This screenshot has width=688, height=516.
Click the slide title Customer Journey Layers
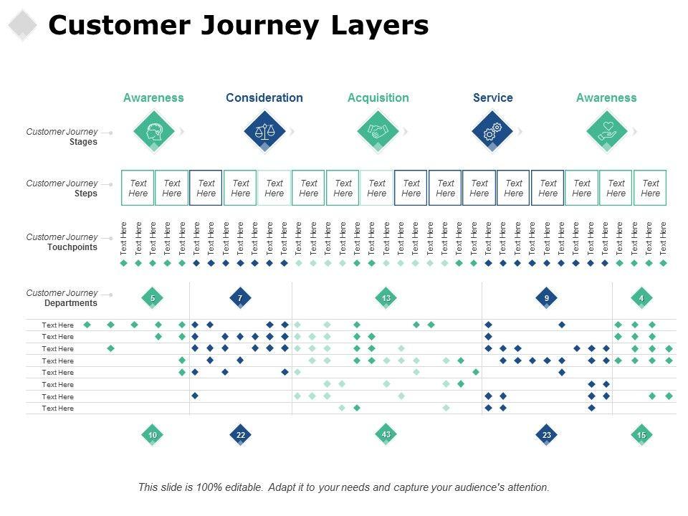[x=238, y=26]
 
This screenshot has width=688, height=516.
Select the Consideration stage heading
[x=264, y=97]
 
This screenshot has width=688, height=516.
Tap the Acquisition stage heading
[x=378, y=97]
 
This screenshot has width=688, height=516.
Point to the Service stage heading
[x=492, y=97]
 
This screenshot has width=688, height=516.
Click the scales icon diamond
[x=264, y=131]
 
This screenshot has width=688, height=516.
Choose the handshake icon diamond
[x=378, y=131]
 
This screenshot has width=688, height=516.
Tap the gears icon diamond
[x=492, y=131]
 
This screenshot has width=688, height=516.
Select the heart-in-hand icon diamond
[x=606, y=131]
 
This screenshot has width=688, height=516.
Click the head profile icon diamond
[x=153, y=131]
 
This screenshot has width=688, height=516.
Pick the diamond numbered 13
[x=386, y=298]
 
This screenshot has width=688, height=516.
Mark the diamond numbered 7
[x=240, y=298]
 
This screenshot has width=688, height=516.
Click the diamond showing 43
[x=386, y=434]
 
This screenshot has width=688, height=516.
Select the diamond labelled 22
[x=240, y=435]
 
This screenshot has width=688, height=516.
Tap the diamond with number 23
[x=547, y=435]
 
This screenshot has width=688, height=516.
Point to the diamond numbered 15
[x=641, y=435]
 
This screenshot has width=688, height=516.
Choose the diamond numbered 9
[x=547, y=298]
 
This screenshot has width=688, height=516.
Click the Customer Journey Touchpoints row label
[x=62, y=242]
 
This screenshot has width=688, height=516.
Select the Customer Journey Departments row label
[x=62, y=297]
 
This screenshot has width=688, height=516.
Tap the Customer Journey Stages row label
[x=62, y=136]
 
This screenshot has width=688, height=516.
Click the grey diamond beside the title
[x=23, y=25]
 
